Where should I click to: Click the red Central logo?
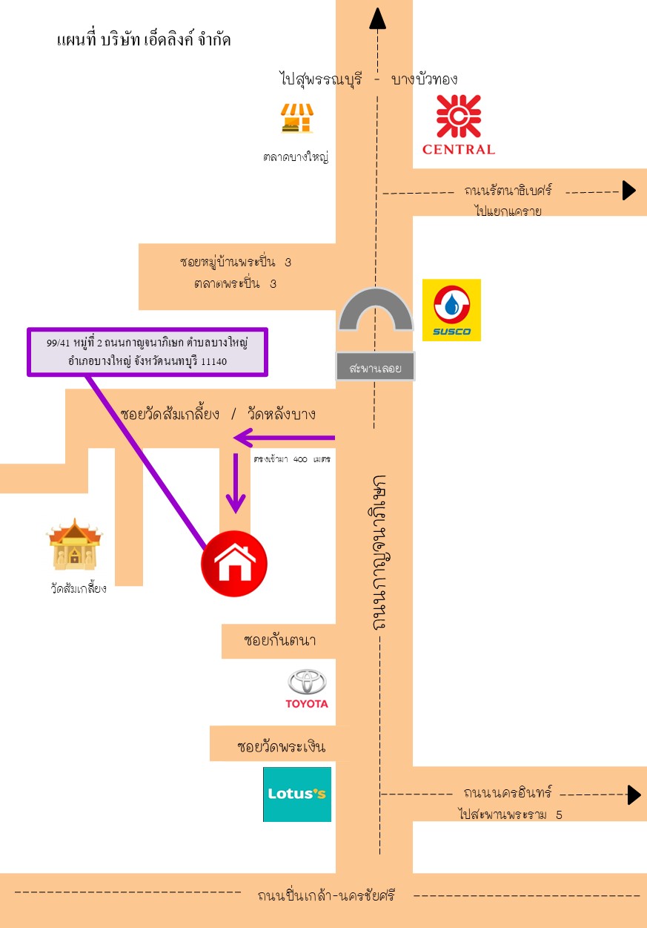[458, 124]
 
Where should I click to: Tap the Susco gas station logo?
[451, 310]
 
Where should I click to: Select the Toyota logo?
[307, 688]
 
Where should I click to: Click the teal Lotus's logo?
[297, 794]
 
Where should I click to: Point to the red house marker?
[234, 564]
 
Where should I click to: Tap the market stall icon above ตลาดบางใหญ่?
[297, 119]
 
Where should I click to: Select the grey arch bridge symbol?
[375, 309]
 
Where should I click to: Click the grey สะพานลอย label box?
[375, 367]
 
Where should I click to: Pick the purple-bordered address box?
[147, 352]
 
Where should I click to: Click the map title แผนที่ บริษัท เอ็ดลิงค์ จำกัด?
[144, 39]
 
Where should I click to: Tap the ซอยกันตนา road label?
[279, 640]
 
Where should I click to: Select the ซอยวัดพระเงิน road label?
[281, 746]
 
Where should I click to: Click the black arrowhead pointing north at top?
[378, 18]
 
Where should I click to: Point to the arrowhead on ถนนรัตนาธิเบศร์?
[629, 191]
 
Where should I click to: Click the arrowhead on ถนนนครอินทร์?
[634, 794]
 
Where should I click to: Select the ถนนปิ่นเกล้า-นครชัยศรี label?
[326, 895]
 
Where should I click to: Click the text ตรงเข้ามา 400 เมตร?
[291, 460]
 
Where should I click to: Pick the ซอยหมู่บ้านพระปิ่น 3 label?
[236, 263]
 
